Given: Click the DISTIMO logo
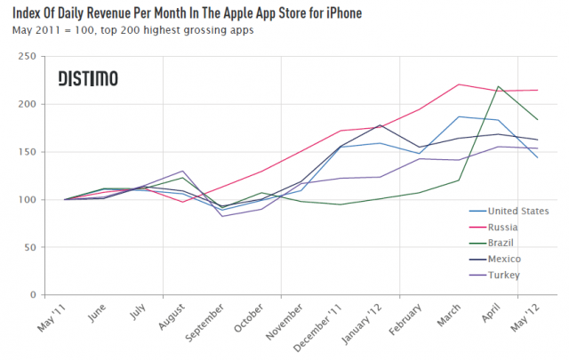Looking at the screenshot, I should pyautogui.click(x=87, y=79).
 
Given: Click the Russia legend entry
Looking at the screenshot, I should pyautogui.click(x=497, y=227).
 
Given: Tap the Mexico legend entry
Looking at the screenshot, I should pyautogui.click(x=497, y=259).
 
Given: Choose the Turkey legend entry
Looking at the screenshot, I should pyautogui.click(x=497, y=275).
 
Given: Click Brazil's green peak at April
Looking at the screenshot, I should pyautogui.click(x=498, y=87).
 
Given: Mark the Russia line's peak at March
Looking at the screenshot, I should pyautogui.click(x=458, y=84).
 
